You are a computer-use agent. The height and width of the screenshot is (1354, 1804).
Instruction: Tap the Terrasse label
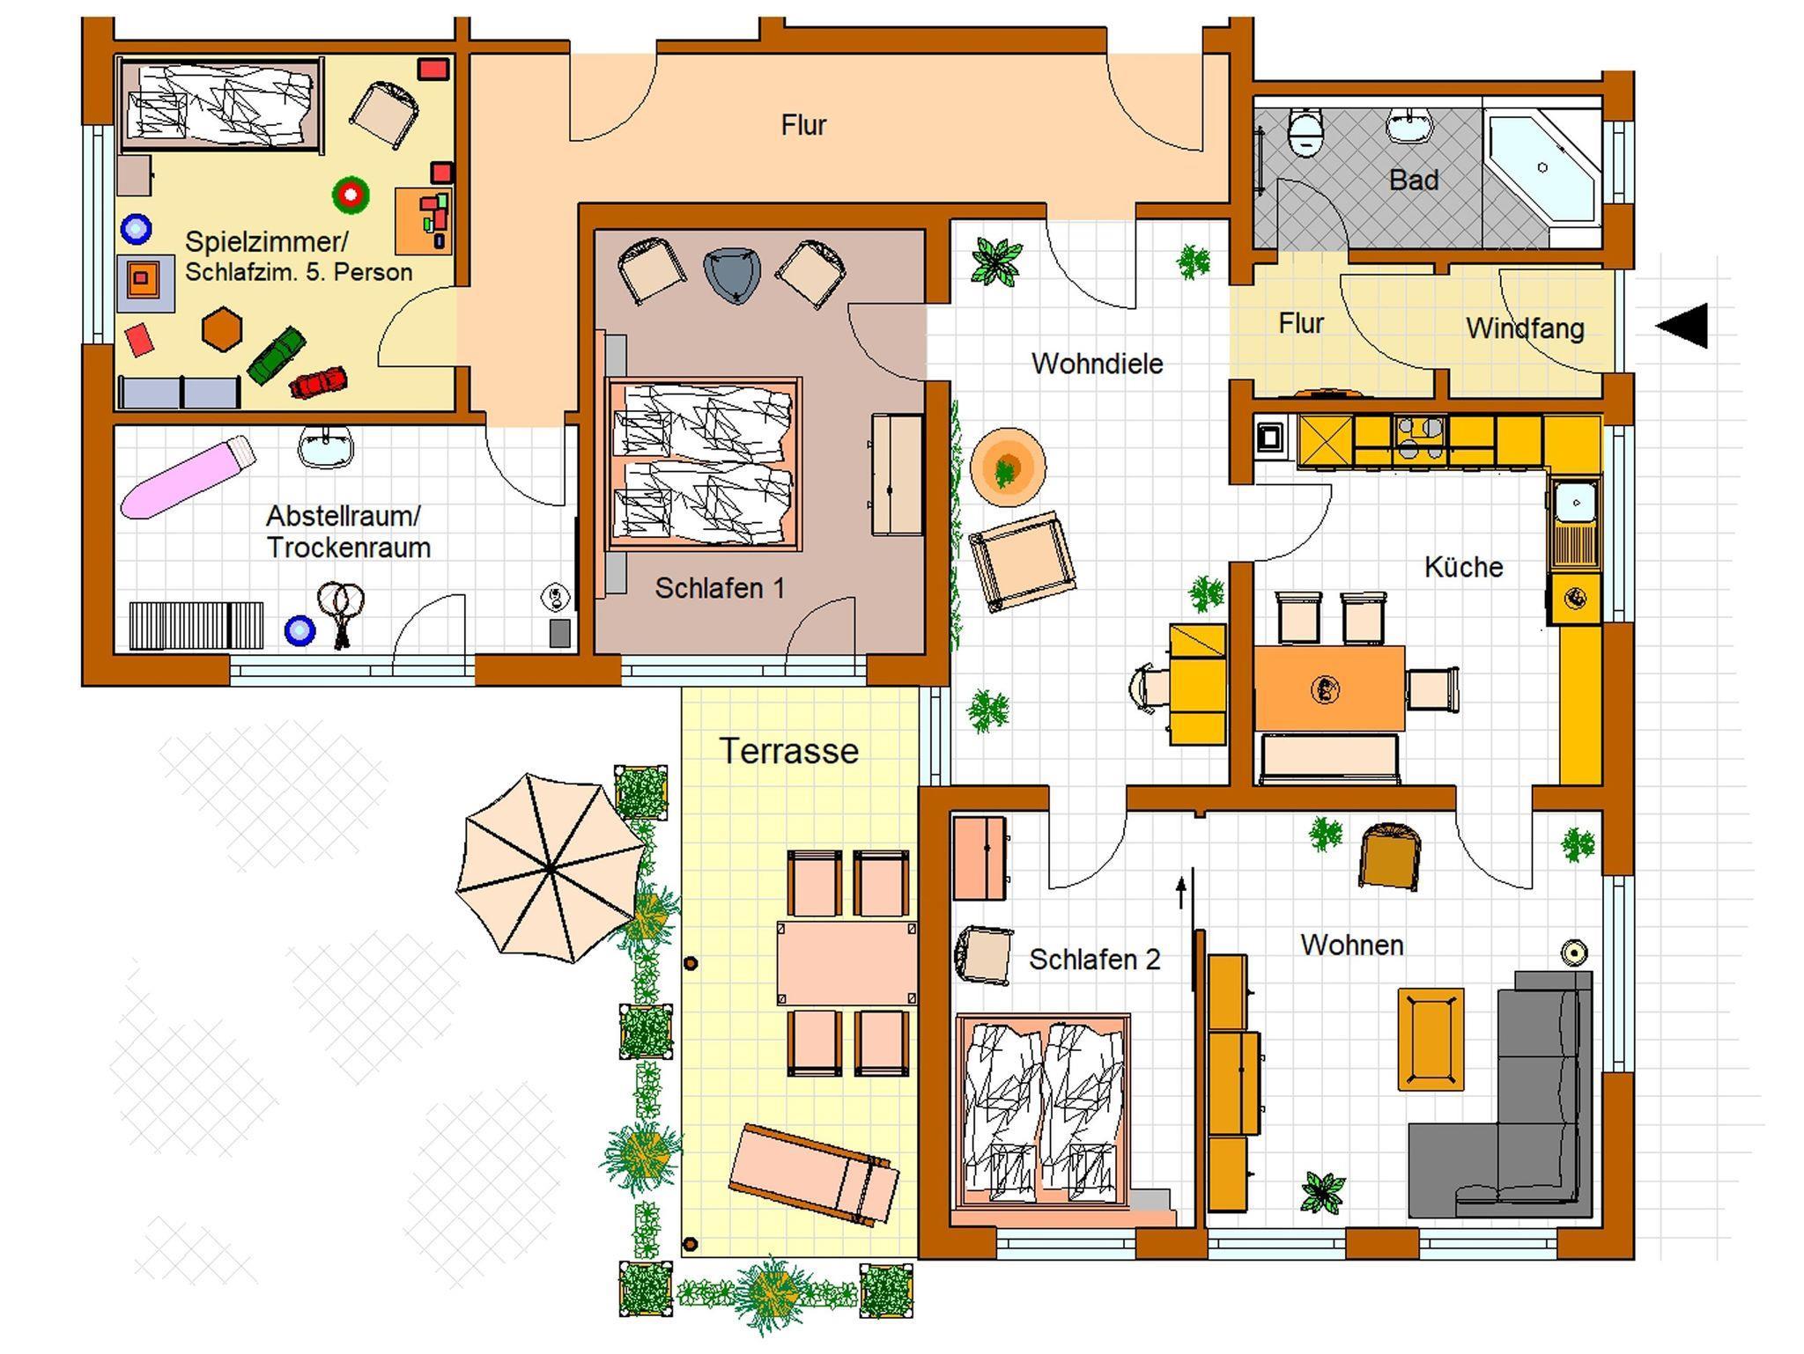[x=789, y=751]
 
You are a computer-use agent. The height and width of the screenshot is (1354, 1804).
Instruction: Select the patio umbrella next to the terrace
[x=551, y=868]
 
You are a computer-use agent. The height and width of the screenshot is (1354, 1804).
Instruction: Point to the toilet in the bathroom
[x=1305, y=133]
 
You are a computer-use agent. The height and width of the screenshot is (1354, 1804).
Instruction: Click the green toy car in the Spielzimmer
[x=277, y=356]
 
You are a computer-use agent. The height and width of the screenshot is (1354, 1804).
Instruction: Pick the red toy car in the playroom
[x=318, y=382]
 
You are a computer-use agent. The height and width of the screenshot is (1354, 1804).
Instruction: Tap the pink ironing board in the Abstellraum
[x=188, y=477]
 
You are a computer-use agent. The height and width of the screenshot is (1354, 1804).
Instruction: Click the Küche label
[x=1463, y=567]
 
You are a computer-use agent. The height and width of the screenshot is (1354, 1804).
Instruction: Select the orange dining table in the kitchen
[x=1329, y=688]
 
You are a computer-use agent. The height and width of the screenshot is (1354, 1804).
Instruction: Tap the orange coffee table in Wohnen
[x=1431, y=1039]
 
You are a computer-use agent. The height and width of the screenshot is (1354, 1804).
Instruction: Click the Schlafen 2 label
[x=1094, y=959]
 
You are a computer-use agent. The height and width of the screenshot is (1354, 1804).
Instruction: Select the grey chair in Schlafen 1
[x=732, y=276]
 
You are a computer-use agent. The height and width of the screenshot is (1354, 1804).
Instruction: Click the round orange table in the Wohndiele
[x=1008, y=467]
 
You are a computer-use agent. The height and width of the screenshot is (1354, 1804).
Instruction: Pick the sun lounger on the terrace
[x=814, y=1174]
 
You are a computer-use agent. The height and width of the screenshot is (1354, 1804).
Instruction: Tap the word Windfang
[x=1525, y=328]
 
